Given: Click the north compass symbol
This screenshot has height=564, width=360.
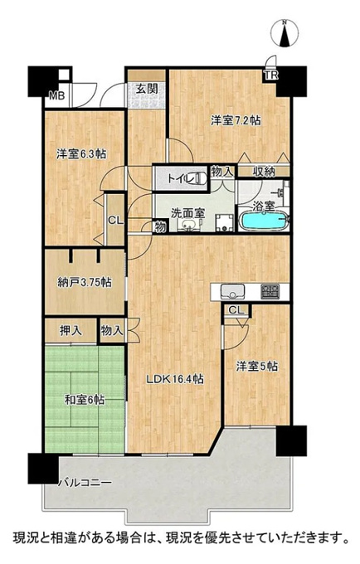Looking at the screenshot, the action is [285, 33].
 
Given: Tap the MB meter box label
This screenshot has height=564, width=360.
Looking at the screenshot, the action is [57, 95].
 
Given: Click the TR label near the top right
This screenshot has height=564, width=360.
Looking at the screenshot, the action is [271, 75].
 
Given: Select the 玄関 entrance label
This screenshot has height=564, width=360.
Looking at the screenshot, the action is [146, 89].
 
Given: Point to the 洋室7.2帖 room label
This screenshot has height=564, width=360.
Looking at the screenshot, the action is [236, 120].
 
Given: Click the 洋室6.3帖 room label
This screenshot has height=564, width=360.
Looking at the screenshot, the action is [81, 154].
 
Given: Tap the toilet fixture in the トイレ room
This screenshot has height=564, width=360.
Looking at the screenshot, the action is [196, 178].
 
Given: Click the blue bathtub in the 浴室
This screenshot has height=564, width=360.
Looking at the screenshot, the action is [264, 221].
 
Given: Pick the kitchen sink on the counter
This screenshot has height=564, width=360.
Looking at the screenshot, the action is [233, 291].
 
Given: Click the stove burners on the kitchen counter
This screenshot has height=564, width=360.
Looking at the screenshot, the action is [270, 291].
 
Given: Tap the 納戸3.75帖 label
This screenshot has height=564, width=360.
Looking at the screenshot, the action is [84, 282].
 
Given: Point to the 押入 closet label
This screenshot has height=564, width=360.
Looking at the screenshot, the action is [71, 331].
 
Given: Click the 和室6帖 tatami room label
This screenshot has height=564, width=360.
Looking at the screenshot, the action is [85, 399].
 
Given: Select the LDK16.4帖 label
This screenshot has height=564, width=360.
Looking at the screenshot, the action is [175, 379].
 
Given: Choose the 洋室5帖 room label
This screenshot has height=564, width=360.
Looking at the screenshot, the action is [257, 367].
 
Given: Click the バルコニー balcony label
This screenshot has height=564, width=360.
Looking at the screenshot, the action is [85, 482].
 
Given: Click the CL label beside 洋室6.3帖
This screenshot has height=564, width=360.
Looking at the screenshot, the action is [116, 221].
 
